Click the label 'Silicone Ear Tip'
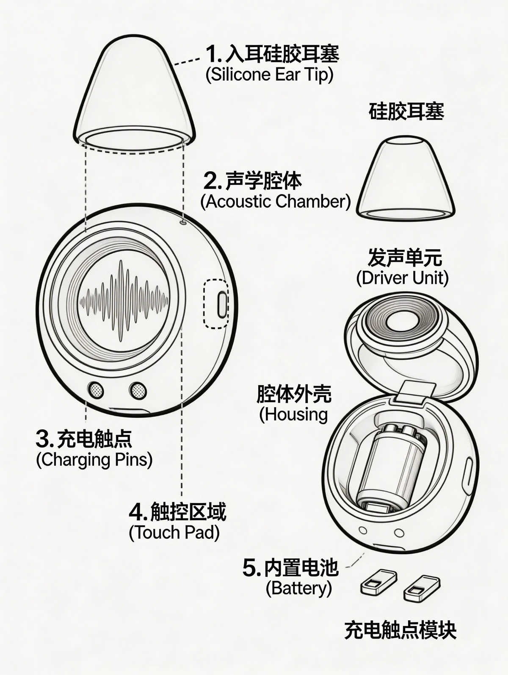pos(270,75)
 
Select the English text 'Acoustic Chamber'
pos(275,202)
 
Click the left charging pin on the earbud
pos(96,389)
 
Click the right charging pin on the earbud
pos(138,389)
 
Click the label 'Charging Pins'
pos(94,459)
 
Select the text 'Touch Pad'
pos(174,533)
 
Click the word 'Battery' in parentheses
pos(299,588)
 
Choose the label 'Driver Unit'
pos(402,278)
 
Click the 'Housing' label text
pos(294,414)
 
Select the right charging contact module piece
pos(422,588)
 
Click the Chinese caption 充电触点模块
pos(400,630)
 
